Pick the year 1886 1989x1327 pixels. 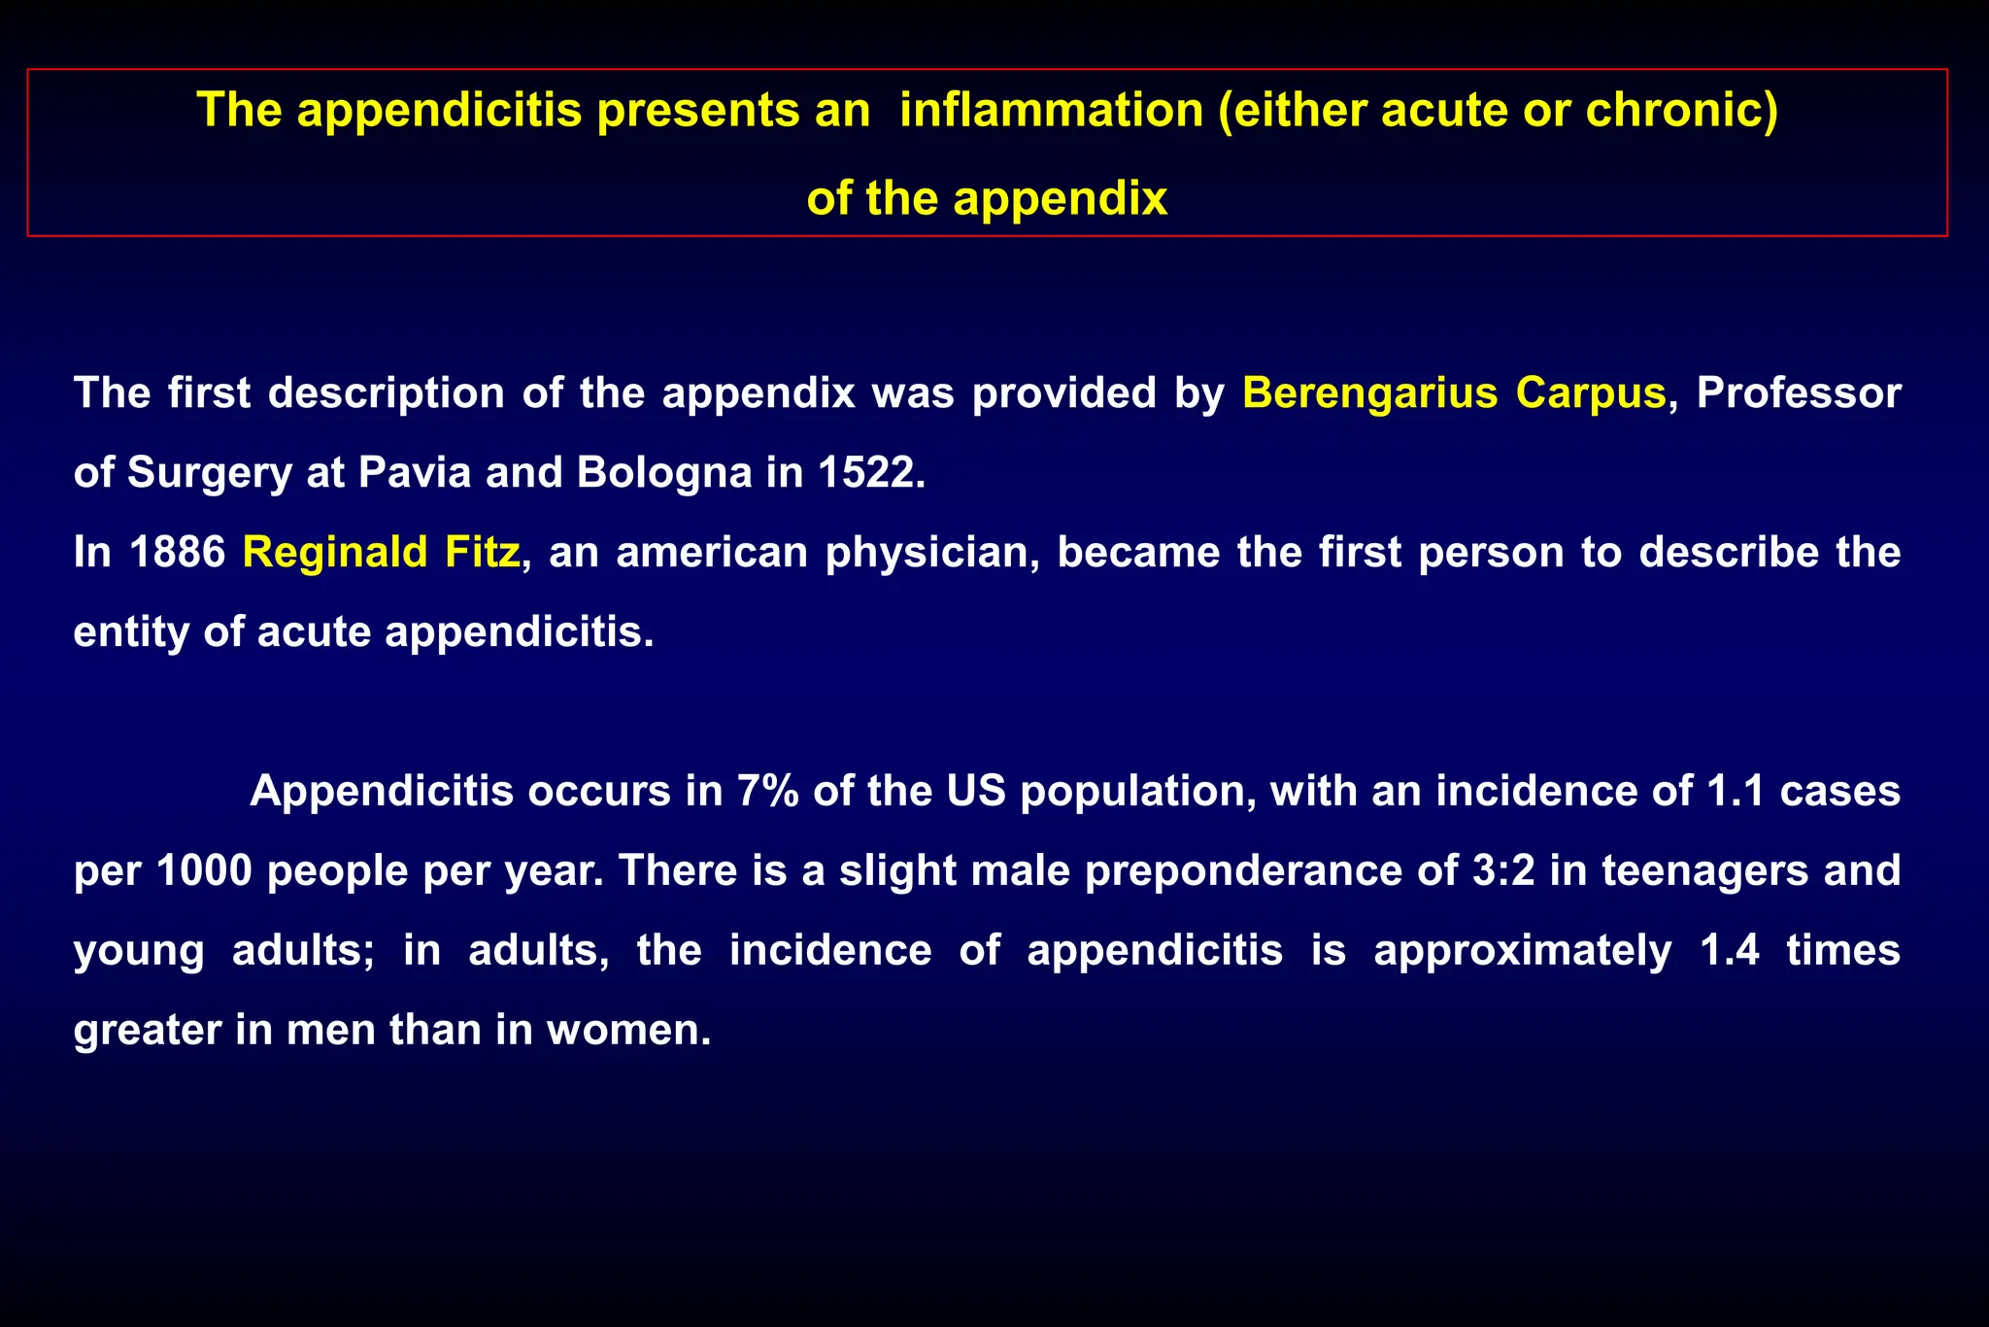click(178, 552)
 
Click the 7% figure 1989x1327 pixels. click(767, 791)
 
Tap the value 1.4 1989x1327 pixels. click(1730, 950)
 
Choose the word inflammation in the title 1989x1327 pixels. click(1051, 110)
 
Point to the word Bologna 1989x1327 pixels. click(663, 473)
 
